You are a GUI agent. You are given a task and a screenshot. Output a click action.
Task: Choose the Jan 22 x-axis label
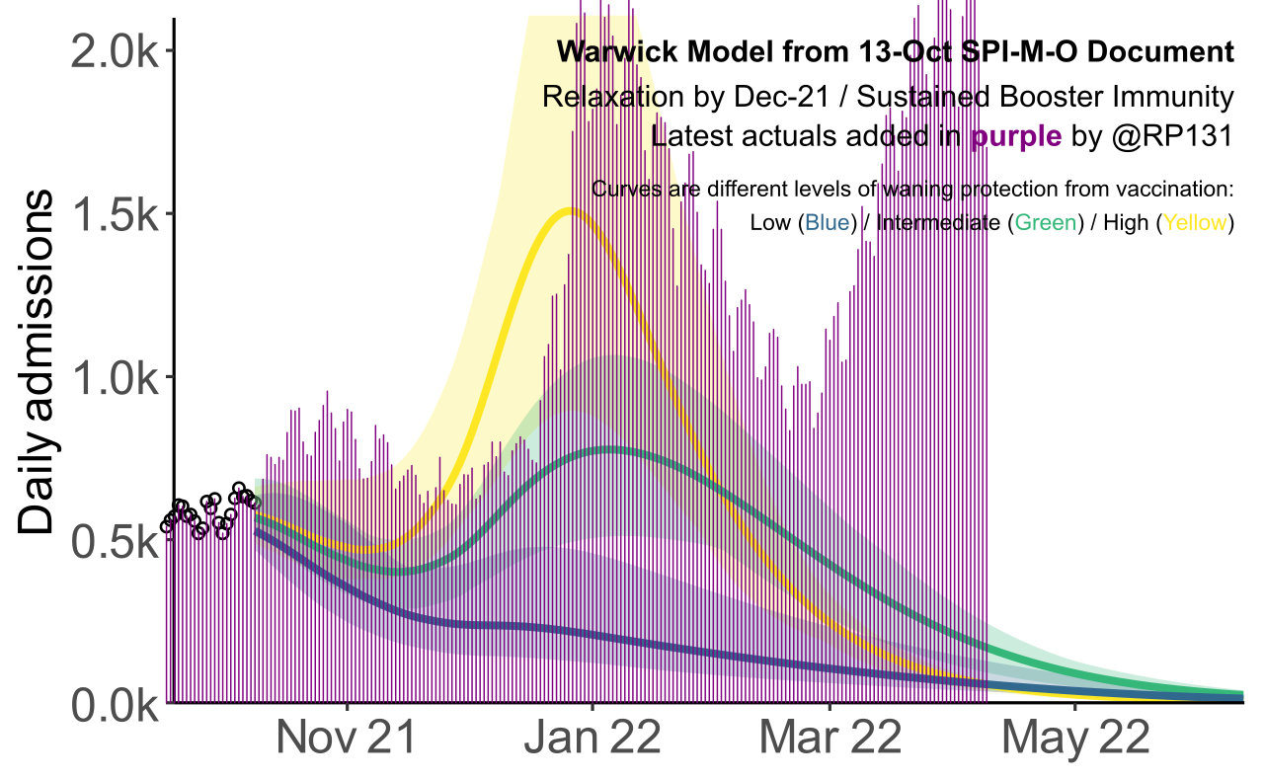[592, 740]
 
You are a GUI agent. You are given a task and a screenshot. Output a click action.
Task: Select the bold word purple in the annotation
[1016, 137]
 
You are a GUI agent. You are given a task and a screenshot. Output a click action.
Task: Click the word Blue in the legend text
[828, 223]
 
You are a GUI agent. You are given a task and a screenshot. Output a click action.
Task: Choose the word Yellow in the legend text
[1196, 223]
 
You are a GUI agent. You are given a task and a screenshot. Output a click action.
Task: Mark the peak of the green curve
[611, 449]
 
